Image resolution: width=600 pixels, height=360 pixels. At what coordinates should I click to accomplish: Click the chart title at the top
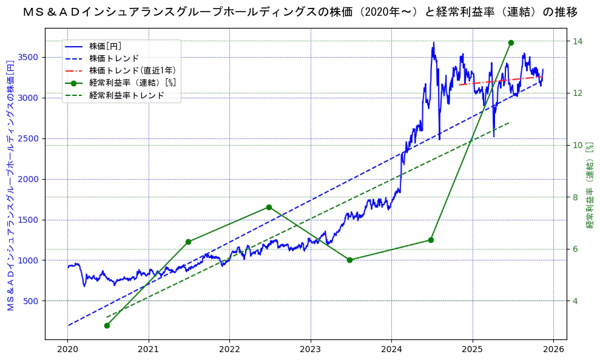point(300,12)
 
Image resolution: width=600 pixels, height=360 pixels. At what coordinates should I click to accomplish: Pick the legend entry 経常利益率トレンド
point(126,95)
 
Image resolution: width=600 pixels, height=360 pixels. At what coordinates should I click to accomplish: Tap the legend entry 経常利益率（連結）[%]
point(132,83)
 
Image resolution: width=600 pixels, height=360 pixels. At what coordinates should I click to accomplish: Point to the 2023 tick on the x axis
point(311,350)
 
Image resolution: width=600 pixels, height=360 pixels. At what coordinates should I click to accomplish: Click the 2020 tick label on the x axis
point(67,350)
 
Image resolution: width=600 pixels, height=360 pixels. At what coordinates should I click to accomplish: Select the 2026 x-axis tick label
point(553,350)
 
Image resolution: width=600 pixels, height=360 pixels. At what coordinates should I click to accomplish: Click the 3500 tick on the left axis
point(30,57)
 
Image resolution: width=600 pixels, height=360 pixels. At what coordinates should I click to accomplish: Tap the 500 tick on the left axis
point(32,301)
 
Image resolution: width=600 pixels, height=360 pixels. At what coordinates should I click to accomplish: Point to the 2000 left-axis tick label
point(30,179)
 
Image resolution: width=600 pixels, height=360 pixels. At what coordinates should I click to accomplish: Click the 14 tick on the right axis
point(578,41)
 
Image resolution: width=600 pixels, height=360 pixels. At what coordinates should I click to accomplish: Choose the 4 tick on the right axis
point(576,301)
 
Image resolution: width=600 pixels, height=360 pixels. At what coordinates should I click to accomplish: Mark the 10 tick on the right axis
point(578,145)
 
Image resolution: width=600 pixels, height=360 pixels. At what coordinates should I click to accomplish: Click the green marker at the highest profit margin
point(511,42)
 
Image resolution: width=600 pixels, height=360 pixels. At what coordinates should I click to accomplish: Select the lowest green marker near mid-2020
point(107,325)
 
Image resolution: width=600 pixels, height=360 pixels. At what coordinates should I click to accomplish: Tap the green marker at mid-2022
point(269,207)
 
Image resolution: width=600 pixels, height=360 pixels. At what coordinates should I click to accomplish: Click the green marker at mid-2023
point(349,260)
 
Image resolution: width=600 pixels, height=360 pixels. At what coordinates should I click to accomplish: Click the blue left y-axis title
point(9,186)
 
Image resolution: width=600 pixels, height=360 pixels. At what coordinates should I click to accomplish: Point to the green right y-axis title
point(590,186)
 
